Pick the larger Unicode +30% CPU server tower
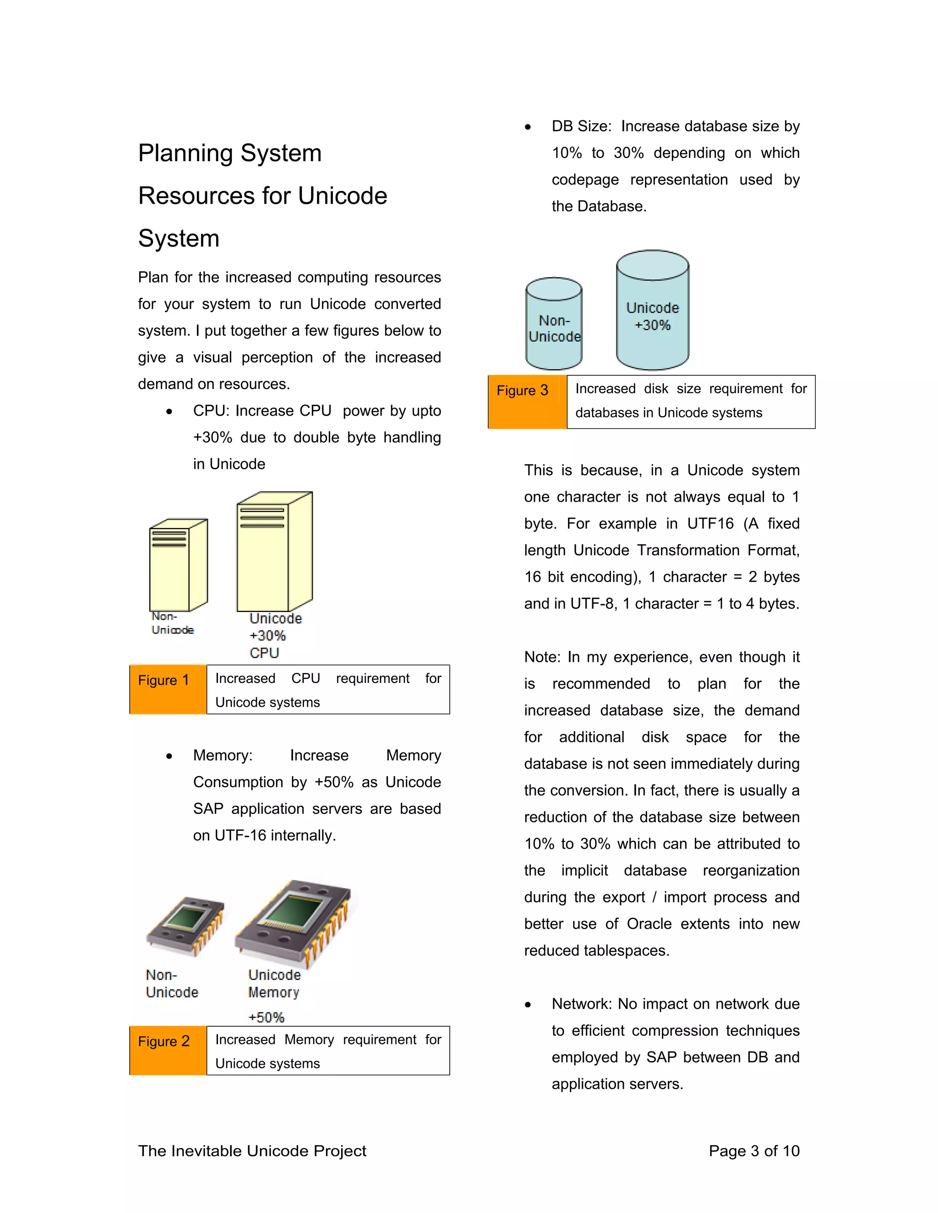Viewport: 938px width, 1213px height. [274, 552]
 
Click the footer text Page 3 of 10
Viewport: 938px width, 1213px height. [753, 1150]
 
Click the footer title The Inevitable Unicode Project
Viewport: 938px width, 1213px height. [252, 1150]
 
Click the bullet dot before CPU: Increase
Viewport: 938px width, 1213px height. [169, 412]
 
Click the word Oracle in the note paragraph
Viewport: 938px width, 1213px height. [649, 924]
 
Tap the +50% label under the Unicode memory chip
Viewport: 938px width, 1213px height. [266, 1017]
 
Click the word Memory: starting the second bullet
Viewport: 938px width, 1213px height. [222, 755]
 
